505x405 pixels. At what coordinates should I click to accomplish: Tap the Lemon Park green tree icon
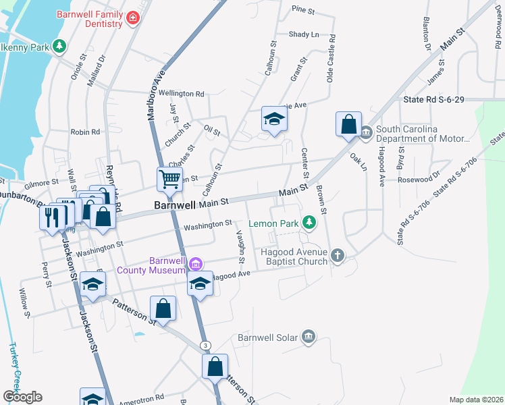click(x=309, y=221)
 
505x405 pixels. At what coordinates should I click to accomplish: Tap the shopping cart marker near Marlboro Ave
click(x=169, y=180)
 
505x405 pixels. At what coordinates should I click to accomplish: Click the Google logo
click(x=22, y=397)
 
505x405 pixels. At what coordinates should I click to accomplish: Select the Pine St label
click(x=303, y=11)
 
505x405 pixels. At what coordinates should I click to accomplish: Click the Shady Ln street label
click(x=303, y=34)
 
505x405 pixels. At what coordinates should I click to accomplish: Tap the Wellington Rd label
click(x=182, y=94)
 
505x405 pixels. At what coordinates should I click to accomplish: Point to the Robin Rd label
click(x=85, y=132)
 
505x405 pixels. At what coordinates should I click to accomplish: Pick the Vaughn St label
click(x=240, y=245)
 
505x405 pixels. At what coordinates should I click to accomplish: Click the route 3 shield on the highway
click(x=205, y=346)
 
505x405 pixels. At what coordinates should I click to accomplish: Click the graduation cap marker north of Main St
click(x=273, y=119)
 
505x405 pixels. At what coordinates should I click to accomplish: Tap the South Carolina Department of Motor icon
click(x=366, y=131)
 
